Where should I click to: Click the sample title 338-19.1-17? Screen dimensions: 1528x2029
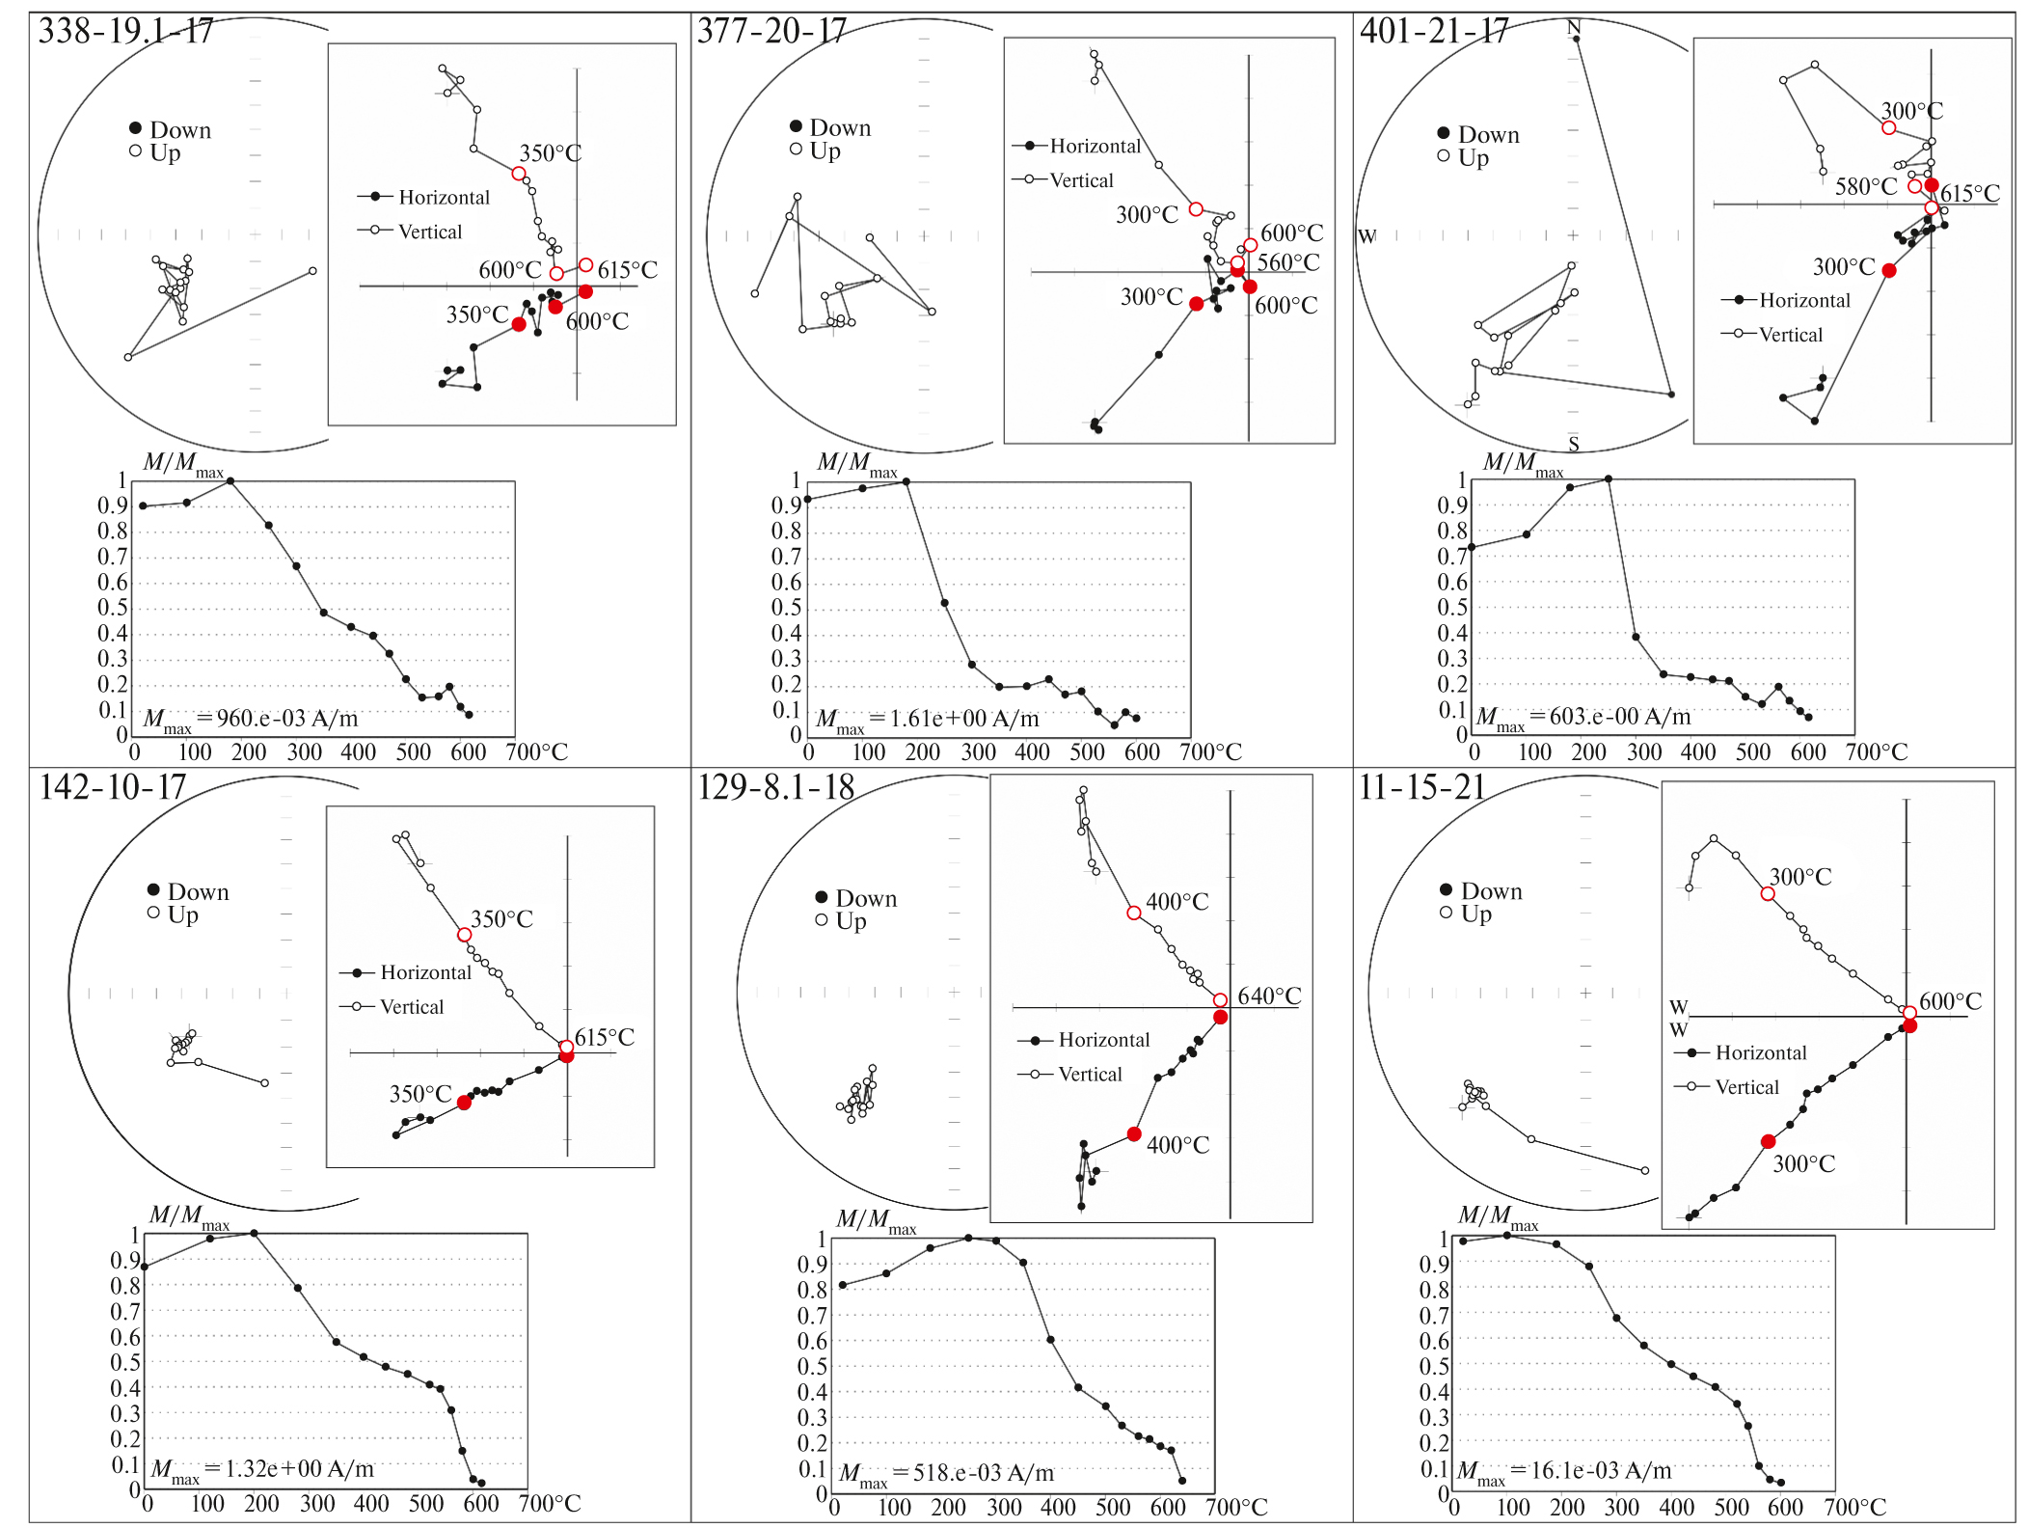(125, 32)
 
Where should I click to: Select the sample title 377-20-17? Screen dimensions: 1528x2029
(771, 32)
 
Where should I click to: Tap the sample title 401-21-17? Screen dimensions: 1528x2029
(1434, 32)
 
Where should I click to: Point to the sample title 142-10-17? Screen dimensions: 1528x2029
(112, 787)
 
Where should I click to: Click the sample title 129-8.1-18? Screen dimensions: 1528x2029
(776, 787)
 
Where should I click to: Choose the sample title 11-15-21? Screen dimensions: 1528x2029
(1422, 787)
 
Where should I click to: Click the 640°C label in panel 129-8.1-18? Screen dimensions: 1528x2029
(1269, 996)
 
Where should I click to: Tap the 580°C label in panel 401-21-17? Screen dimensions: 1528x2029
(1866, 186)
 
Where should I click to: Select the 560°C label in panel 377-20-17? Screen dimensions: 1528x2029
(1288, 262)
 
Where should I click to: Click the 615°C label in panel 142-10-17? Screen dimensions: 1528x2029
(605, 1037)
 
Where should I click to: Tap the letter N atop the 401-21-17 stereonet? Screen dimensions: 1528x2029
(1574, 27)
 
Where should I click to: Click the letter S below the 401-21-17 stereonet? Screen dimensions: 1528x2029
(1574, 444)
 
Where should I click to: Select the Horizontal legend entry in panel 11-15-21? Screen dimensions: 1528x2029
(1760, 1052)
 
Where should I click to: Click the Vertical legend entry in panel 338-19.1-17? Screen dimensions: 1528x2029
(429, 232)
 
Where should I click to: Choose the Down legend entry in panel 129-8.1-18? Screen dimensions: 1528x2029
(865, 898)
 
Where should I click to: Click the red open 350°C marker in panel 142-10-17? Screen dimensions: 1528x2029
(464, 935)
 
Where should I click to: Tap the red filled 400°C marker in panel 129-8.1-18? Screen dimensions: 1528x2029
(1134, 1134)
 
